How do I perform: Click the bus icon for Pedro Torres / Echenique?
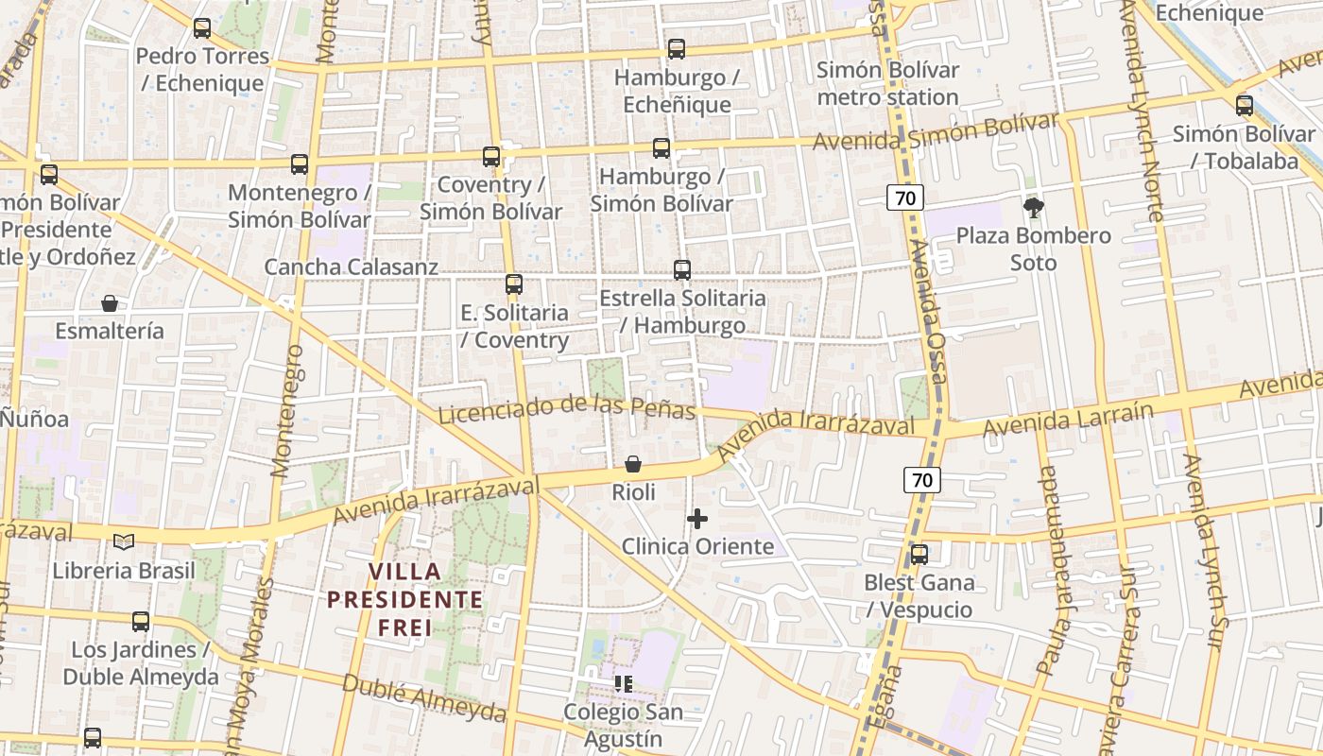click(201, 28)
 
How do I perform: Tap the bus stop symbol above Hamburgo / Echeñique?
click(676, 49)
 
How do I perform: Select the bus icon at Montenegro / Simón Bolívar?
click(300, 164)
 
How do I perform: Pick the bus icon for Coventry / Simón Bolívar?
click(491, 157)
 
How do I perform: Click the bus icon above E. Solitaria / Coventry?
click(513, 283)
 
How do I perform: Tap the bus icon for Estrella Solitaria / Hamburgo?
click(682, 270)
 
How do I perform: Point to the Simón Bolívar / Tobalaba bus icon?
click(1245, 106)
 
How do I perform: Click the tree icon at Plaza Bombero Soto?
click(1034, 207)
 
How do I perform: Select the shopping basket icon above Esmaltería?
click(110, 303)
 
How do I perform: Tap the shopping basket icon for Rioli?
click(633, 464)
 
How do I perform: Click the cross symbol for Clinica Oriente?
click(697, 518)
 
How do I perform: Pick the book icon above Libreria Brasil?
click(124, 541)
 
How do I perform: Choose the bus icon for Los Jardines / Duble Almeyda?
click(141, 622)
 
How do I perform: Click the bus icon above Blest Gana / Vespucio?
click(919, 555)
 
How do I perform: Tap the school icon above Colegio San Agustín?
click(623, 683)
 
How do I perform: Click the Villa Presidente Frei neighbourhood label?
click(404, 599)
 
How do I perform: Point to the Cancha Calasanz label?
click(351, 267)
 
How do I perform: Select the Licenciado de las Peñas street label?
click(567, 409)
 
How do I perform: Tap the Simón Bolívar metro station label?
click(887, 83)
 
